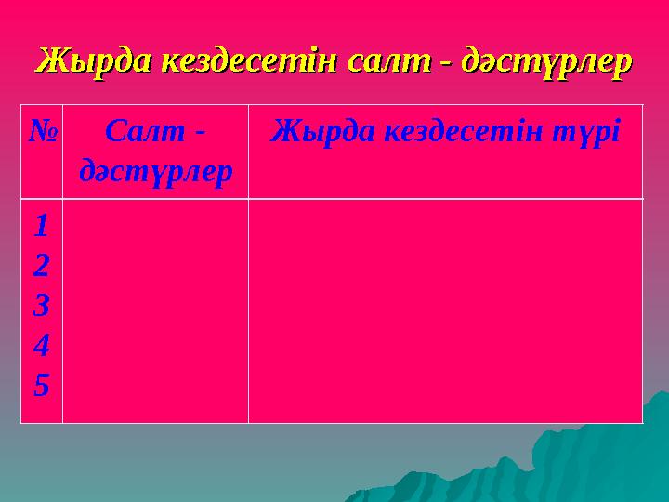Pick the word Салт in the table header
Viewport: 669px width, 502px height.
(x=141, y=134)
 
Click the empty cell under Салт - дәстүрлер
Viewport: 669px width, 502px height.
(x=155, y=311)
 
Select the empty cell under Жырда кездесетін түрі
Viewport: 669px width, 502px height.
(x=445, y=311)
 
